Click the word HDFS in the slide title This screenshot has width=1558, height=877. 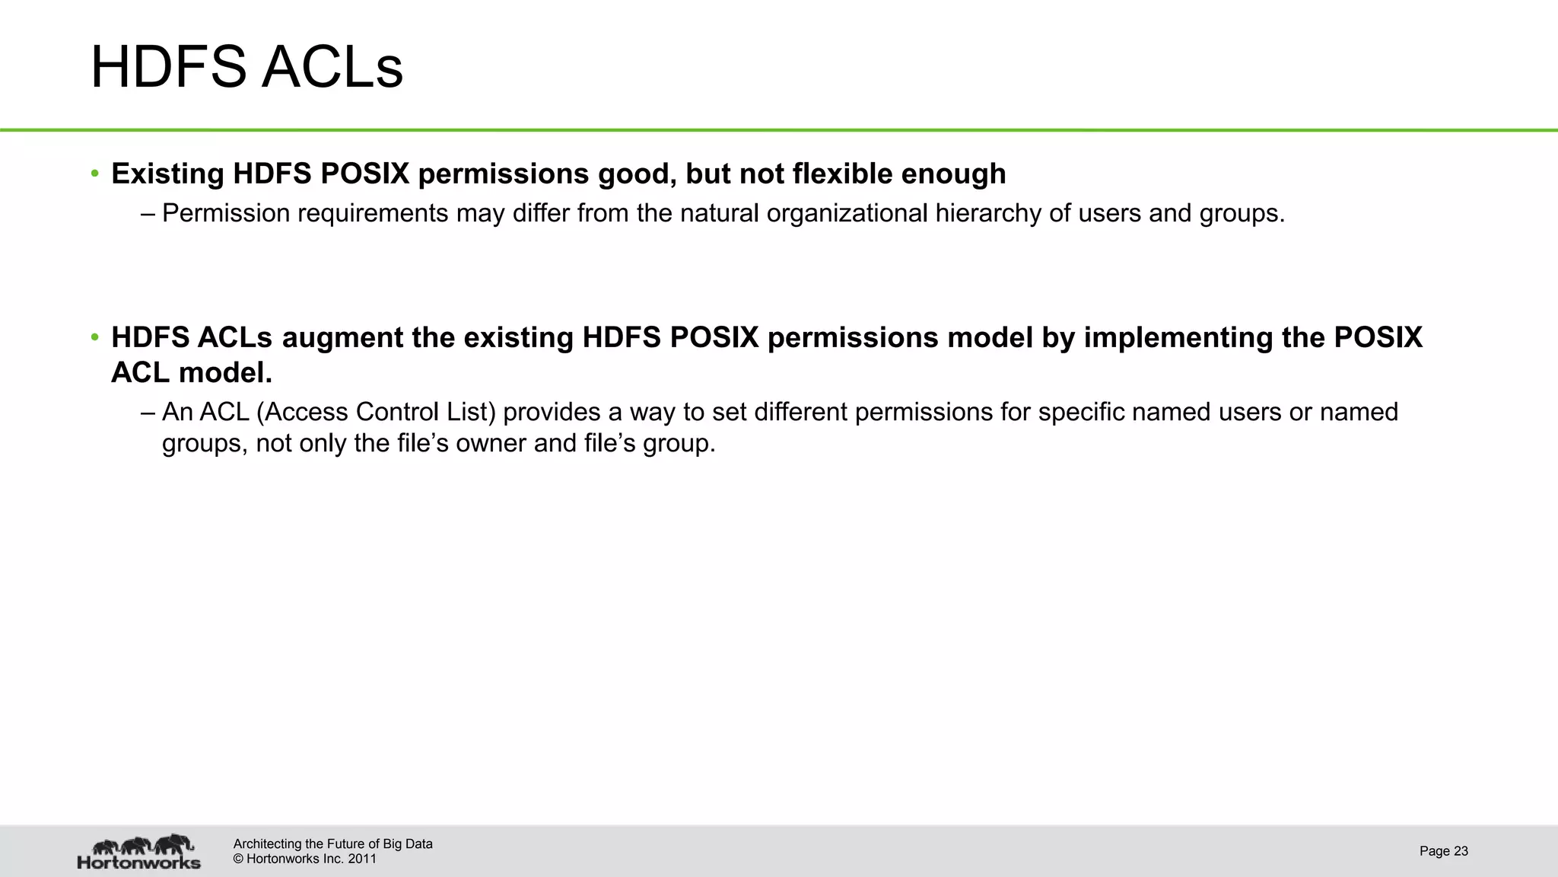coord(168,68)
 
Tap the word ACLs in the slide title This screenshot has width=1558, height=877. coord(332,68)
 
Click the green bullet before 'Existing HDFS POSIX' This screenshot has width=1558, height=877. coord(95,174)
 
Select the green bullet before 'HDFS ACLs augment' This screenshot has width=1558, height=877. coord(95,337)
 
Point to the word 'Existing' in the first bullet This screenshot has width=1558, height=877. coord(167,174)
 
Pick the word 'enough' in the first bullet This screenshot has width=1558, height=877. coord(953,174)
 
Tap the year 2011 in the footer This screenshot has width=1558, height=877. coord(362,859)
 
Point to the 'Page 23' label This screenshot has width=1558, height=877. coord(1443,851)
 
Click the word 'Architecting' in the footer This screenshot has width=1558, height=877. coord(267,844)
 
